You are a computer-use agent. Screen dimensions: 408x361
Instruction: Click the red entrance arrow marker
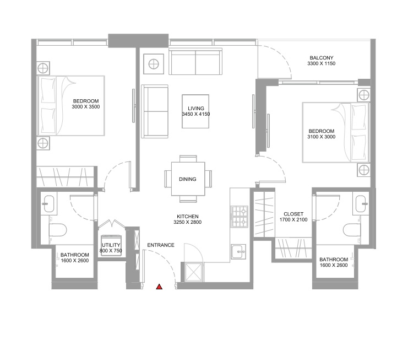pos(159,287)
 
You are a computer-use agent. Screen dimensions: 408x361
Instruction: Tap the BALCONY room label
pos(322,57)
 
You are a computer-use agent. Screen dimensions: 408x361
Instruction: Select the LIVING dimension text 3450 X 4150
pos(195,114)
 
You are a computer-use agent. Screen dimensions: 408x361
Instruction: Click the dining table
pos(188,179)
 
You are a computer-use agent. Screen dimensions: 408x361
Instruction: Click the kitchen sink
pos(238,252)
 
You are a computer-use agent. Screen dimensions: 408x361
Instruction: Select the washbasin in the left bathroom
pos(48,204)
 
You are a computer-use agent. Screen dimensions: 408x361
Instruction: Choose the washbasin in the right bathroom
pos(361,204)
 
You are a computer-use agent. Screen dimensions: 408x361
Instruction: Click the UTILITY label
pos(111,245)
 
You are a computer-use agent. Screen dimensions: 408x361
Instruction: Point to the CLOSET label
pos(293,214)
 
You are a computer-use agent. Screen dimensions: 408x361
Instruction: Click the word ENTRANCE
pos(161,245)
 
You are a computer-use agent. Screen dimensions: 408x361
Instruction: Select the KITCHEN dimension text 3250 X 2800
pos(187,222)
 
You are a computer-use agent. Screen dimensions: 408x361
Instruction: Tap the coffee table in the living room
pos(195,111)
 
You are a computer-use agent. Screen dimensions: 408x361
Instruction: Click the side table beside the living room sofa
pos(154,64)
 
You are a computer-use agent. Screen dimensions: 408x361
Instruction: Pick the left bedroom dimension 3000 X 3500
pos(85,106)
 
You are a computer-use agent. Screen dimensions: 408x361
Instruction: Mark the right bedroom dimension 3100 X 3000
pos(322,137)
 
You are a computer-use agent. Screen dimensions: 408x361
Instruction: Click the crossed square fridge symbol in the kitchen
pos(194,272)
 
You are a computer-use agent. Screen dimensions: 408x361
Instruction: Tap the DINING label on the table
pos(188,179)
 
